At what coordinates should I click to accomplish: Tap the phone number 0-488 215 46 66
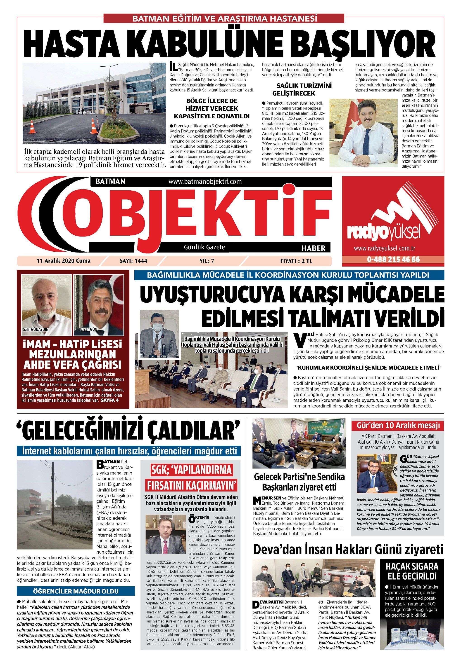393,260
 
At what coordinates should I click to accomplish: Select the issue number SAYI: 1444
133,261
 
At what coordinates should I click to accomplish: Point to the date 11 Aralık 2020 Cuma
64,261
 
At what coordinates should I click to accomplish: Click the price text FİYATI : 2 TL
296,261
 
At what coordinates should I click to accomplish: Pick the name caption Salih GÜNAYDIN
36,329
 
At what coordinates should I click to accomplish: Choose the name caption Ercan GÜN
90,329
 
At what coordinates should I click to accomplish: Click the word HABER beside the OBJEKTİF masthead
313,248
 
